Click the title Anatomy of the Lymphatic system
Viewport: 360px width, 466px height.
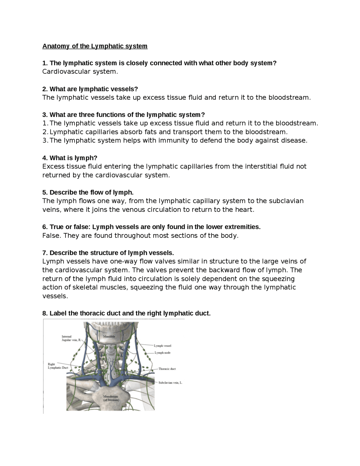(x=95, y=46)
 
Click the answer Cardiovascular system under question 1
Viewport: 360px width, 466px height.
(x=80, y=71)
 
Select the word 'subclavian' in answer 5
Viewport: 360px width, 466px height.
(x=286, y=201)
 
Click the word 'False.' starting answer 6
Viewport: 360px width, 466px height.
(x=51, y=236)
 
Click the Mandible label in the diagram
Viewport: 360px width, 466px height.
(x=109, y=336)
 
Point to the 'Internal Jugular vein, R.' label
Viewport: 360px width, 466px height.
(x=71, y=338)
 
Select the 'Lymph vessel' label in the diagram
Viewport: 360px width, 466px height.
(x=163, y=346)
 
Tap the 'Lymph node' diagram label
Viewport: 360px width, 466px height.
(x=162, y=353)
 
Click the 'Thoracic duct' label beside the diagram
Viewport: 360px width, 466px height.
(x=167, y=369)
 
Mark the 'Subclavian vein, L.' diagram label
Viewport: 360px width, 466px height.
(x=170, y=383)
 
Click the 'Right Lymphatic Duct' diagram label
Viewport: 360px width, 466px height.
(x=58, y=366)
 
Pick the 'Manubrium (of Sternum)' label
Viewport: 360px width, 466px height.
(x=111, y=398)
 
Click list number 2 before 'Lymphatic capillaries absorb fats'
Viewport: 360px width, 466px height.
(x=45, y=132)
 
